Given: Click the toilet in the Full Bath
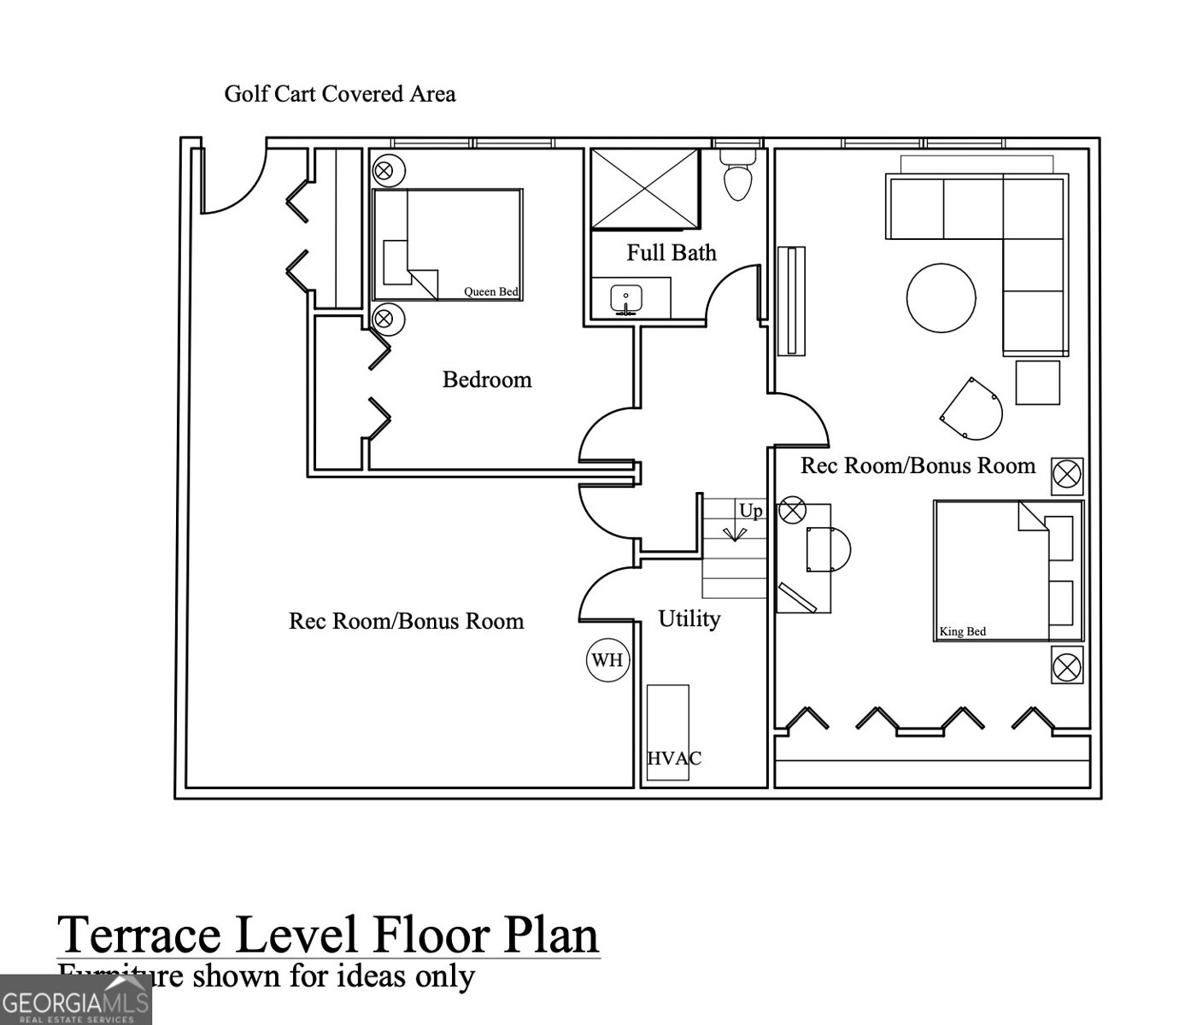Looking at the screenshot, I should [736, 175].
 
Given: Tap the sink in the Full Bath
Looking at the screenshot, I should [626, 300].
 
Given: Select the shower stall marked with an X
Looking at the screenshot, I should [645, 189].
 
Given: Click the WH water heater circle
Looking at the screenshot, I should [607, 660].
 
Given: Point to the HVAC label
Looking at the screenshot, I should [673, 758].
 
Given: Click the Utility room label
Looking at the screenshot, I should [689, 618].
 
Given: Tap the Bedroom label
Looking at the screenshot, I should [486, 379].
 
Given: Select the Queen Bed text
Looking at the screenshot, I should [490, 292].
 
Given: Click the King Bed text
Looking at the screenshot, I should [962, 632].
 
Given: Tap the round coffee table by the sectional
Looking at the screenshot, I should [941, 297].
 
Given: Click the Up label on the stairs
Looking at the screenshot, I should [750, 511].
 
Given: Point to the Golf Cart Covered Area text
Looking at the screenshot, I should [339, 93].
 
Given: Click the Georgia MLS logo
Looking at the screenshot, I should [75, 1000].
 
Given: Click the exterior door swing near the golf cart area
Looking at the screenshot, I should [231, 184].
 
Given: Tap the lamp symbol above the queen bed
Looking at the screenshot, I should [384, 170].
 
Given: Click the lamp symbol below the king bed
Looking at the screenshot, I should [1066, 666].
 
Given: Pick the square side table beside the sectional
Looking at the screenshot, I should [1037, 382].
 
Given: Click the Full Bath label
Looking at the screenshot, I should [671, 253].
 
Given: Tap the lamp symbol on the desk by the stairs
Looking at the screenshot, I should [793, 511].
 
